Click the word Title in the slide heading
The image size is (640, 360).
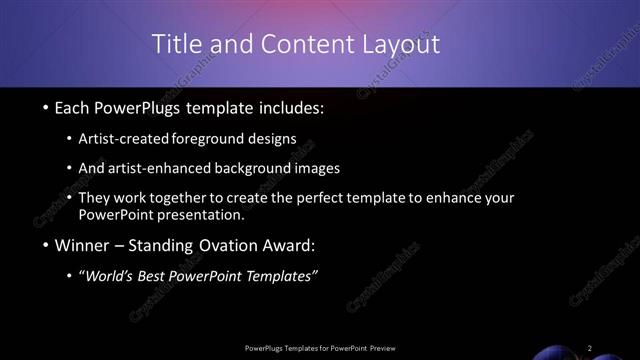click(x=174, y=44)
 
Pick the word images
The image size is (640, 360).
click(x=320, y=168)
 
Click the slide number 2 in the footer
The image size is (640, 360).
click(x=590, y=348)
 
